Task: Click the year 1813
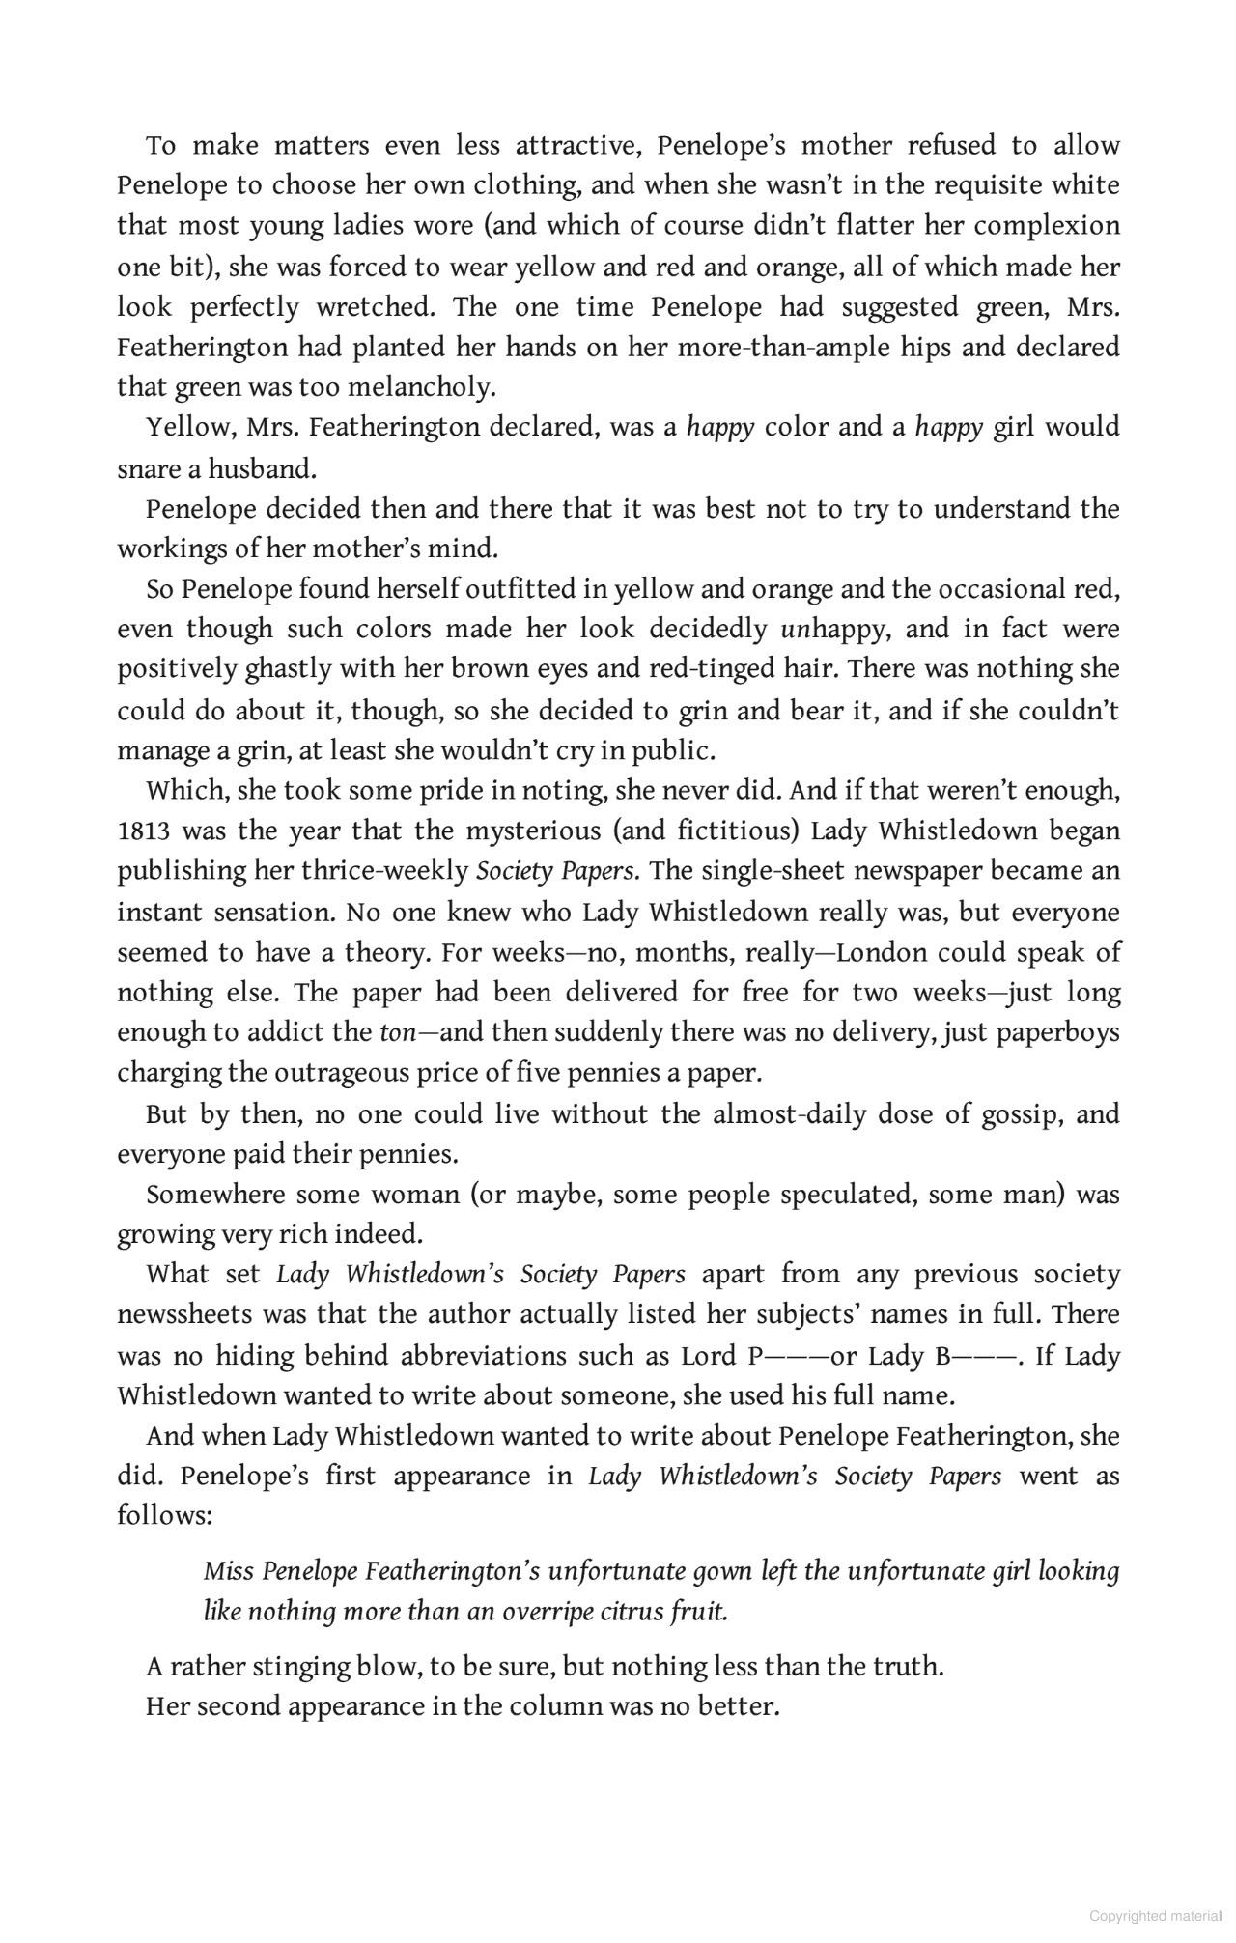142,831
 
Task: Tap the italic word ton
397,1032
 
